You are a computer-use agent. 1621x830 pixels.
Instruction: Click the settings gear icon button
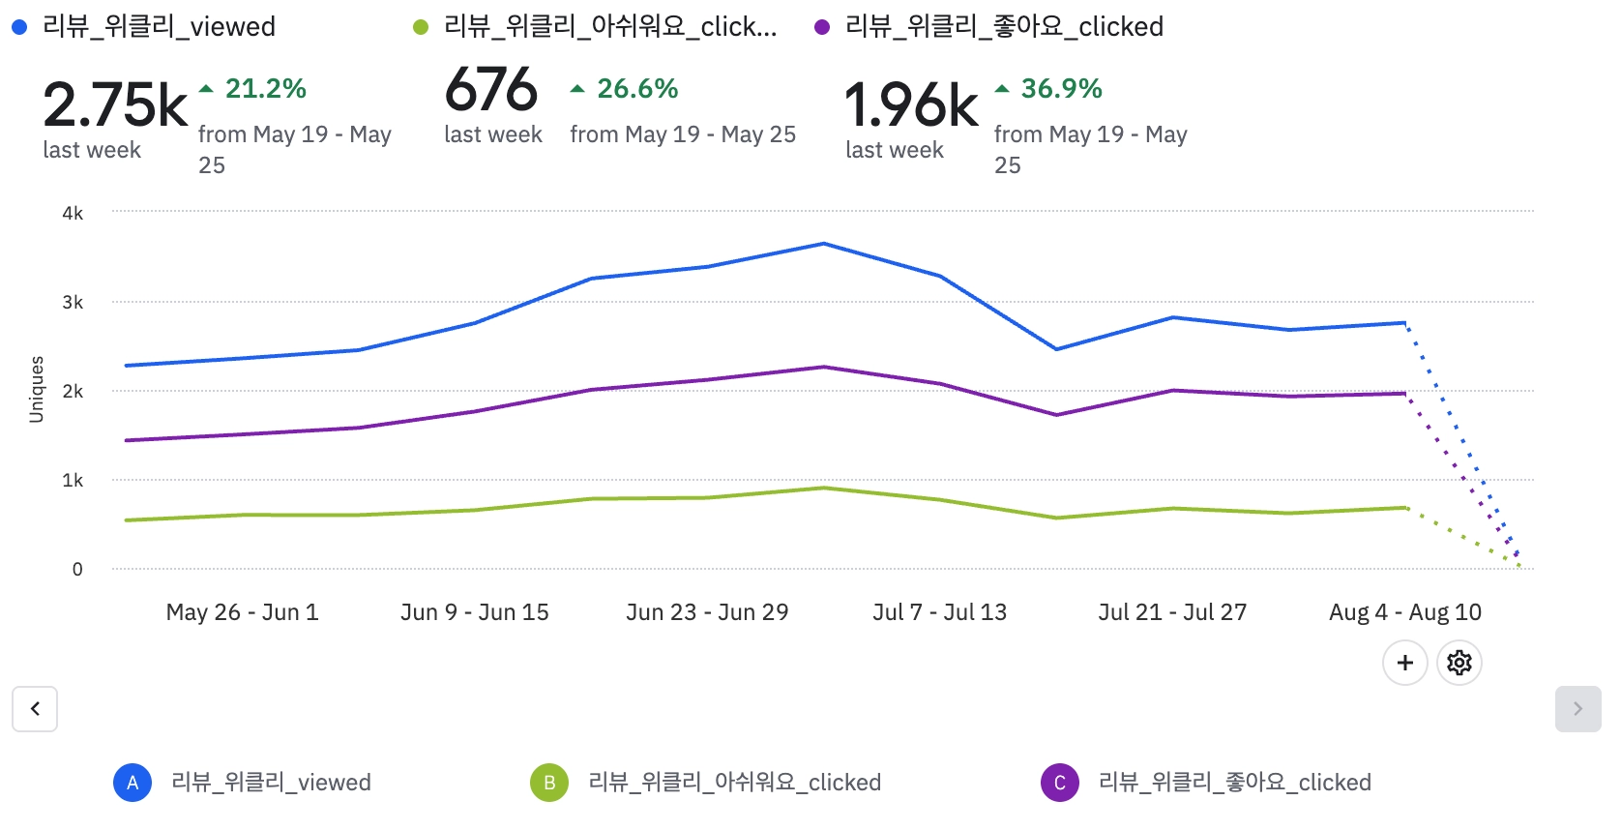1459,663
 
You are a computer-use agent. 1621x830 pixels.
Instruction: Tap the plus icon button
1404,663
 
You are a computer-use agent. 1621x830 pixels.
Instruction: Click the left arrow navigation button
35,709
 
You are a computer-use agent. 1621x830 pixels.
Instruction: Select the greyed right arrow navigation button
1577,709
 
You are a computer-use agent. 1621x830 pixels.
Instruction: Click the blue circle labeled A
133,783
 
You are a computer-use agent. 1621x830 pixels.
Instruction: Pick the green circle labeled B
549,783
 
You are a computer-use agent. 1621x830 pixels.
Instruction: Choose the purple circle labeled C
1059,783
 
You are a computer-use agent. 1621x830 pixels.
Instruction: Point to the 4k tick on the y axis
73,213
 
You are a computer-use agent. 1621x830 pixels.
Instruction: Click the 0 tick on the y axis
77,569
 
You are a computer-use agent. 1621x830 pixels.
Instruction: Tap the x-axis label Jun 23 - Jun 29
707,612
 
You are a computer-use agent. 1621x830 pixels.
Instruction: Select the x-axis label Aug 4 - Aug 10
1404,612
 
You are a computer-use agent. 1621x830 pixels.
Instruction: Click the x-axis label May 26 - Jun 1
242,612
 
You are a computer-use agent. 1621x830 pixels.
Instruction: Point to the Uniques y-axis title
37,389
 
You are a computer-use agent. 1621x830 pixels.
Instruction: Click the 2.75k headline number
115,104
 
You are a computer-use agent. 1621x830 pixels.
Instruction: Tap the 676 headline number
490,90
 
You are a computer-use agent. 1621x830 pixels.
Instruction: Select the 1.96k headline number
911,104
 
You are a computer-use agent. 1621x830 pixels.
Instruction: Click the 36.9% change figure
1061,89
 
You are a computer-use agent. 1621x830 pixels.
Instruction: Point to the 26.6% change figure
637,89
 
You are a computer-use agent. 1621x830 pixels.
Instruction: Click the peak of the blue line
824,244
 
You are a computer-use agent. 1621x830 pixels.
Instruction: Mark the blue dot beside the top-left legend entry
19,27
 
